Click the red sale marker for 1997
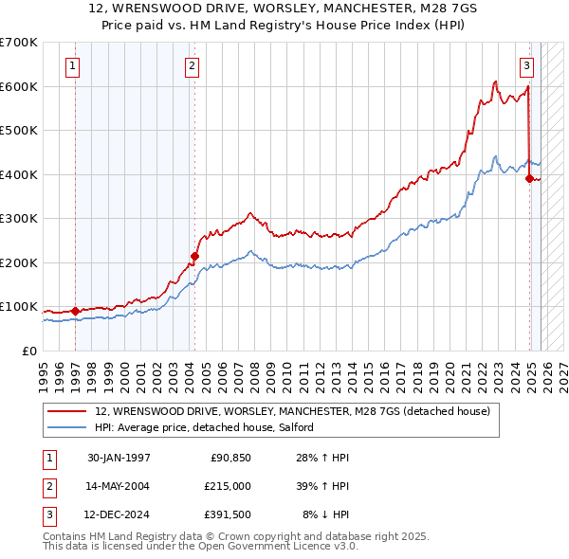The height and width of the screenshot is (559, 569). (75, 311)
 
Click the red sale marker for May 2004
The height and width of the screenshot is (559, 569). (194, 256)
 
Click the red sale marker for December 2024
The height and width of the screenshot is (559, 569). (529, 178)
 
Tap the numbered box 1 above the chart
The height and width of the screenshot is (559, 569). (72, 66)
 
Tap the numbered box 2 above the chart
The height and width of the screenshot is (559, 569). (192, 66)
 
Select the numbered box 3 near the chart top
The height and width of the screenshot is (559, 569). (526, 66)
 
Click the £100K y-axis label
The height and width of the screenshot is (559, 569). (19, 306)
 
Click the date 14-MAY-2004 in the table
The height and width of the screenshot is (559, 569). (119, 486)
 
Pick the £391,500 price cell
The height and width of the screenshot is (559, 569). (227, 514)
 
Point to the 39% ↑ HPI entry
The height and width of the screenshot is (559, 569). (321, 486)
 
